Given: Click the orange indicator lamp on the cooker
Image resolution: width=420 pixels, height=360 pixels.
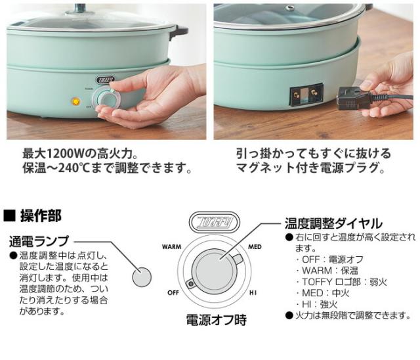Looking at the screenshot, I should [x=77, y=102].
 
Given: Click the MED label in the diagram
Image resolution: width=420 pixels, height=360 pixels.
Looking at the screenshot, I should [x=255, y=248].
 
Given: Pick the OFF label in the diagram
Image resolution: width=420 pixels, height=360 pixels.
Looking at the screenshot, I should [x=173, y=292].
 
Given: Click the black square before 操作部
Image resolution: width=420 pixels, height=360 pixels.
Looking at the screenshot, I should [x=10, y=215].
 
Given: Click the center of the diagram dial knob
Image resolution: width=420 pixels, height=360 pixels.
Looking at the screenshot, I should [x=212, y=271].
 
